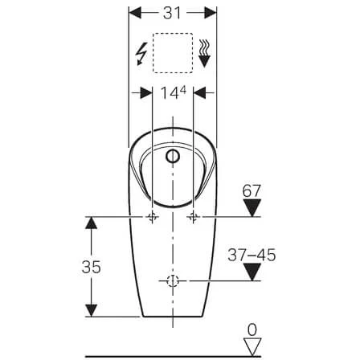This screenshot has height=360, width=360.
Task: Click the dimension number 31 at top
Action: tap(172, 13)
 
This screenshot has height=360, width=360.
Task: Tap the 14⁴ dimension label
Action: tap(173, 93)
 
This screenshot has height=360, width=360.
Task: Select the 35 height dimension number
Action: tap(92, 267)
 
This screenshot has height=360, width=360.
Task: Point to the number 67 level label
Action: tap(252, 191)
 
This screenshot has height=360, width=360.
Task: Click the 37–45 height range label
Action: tap(252, 255)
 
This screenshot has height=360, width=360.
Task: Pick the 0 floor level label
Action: tap(252, 329)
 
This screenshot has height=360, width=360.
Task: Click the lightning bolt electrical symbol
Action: tap(141, 54)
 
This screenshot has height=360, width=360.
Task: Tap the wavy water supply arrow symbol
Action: tap(205, 53)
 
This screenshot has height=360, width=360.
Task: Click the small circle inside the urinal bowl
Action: tap(172, 156)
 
